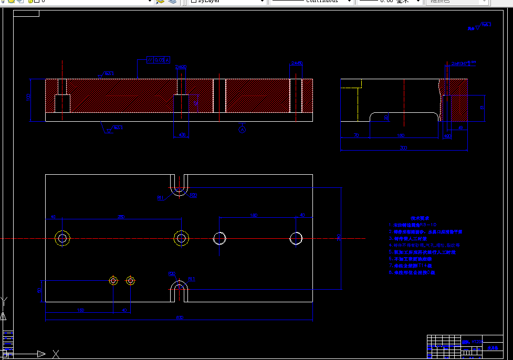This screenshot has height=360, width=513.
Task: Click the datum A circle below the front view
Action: click(x=242, y=129)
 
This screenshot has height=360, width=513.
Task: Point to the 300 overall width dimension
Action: click(x=403, y=149)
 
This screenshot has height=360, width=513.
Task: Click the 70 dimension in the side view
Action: click(x=356, y=135)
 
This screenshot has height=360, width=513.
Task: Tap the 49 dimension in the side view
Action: click(x=460, y=128)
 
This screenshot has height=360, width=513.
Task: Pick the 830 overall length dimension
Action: click(x=180, y=317)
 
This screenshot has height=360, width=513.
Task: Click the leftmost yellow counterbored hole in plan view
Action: click(x=62, y=238)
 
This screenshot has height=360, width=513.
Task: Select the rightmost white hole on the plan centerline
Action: click(x=296, y=238)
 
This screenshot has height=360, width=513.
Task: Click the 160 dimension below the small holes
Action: click(x=80, y=310)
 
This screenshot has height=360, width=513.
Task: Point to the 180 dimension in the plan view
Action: click(x=254, y=215)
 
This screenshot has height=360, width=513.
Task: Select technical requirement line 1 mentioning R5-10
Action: click(x=413, y=225)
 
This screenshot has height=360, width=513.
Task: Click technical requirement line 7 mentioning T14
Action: click(x=413, y=266)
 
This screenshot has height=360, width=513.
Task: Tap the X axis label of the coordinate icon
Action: click(x=56, y=354)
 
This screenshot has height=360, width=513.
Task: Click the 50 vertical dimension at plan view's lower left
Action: click(x=39, y=290)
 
